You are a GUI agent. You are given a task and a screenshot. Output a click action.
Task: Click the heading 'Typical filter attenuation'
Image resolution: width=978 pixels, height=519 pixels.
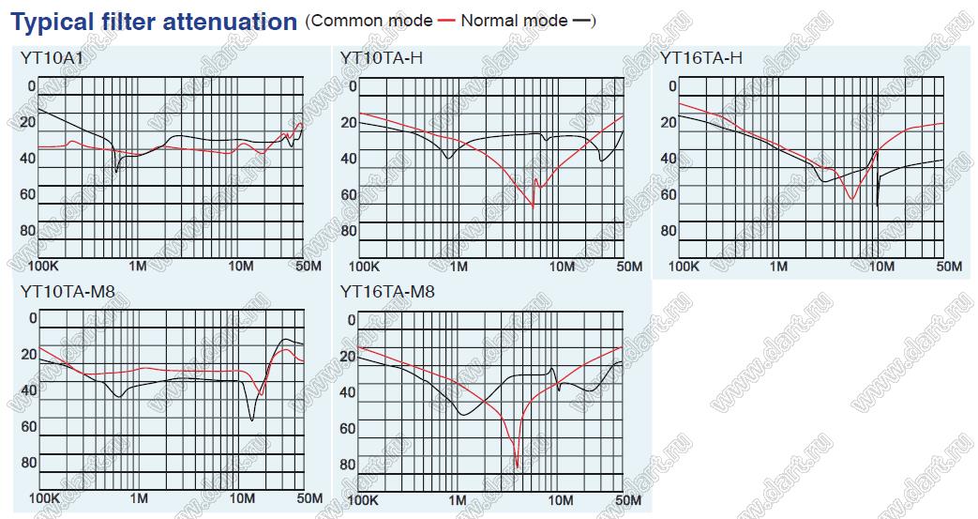point(154,22)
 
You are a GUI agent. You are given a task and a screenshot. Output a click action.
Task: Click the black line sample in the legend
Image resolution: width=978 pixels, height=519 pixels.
point(583,21)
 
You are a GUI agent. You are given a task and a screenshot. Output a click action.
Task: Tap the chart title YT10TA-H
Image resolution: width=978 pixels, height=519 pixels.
point(382,58)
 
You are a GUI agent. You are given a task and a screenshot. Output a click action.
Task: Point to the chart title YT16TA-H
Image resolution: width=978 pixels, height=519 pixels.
point(700,58)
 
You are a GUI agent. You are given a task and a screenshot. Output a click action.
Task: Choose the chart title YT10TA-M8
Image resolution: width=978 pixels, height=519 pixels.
point(68,292)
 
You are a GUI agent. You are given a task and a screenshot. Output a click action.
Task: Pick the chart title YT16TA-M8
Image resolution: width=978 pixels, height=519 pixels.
point(388,292)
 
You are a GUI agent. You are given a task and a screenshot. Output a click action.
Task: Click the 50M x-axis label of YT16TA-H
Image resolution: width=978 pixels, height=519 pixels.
point(949,267)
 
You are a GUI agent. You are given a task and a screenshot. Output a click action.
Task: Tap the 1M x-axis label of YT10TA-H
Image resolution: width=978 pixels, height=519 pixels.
point(459,267)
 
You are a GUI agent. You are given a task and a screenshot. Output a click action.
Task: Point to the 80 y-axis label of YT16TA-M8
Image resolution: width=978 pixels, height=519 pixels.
point(347,465)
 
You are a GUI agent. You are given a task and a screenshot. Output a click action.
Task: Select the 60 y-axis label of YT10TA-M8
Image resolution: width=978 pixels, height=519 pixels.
point(28,427)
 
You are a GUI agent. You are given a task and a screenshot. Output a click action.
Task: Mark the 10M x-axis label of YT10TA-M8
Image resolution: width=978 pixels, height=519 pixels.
point(242,497)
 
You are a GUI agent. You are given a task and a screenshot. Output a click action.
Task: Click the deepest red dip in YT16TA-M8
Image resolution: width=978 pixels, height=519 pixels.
point(517,466)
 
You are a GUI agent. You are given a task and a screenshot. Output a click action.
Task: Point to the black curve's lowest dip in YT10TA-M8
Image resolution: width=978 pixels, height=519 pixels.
point(251,420)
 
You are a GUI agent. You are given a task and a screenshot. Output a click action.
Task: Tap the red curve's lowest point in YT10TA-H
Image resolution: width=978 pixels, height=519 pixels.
point(533,206)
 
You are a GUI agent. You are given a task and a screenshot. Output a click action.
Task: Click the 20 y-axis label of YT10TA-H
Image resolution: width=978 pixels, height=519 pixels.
point(349,123)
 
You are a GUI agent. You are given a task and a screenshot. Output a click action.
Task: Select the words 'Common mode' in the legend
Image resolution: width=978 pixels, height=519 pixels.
point(372,21)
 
